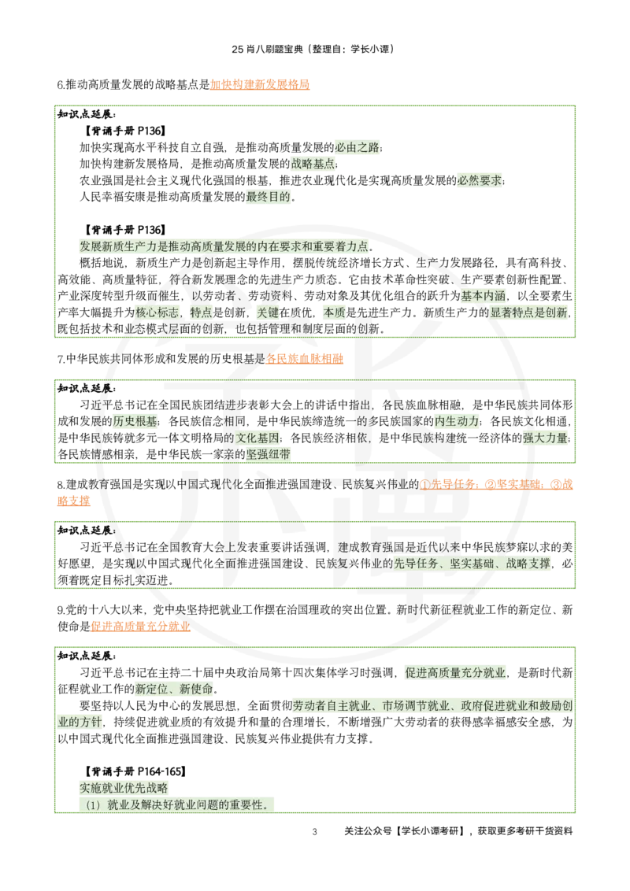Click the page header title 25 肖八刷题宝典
(267, 50)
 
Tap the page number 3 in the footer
(314, 832)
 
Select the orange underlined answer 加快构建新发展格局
(260, 85)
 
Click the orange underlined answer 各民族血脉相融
(305, 359)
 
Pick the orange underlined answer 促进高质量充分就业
(140, 627)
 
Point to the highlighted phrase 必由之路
(357, 148)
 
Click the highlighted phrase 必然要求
(480, 181)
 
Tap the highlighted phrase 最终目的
(268, 198)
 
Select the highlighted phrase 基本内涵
(483, 296)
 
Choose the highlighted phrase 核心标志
(157, 312)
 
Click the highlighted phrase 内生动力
(457, 422)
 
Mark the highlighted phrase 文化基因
(258, 438)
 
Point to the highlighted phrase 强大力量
(545, 438)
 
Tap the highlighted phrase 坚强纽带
(268, 455)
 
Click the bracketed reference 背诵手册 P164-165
(135, 771)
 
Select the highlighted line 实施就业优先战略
(124, 788)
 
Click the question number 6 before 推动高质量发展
(61, 85)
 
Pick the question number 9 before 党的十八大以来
(61, 610)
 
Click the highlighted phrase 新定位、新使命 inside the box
(173, 690)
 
